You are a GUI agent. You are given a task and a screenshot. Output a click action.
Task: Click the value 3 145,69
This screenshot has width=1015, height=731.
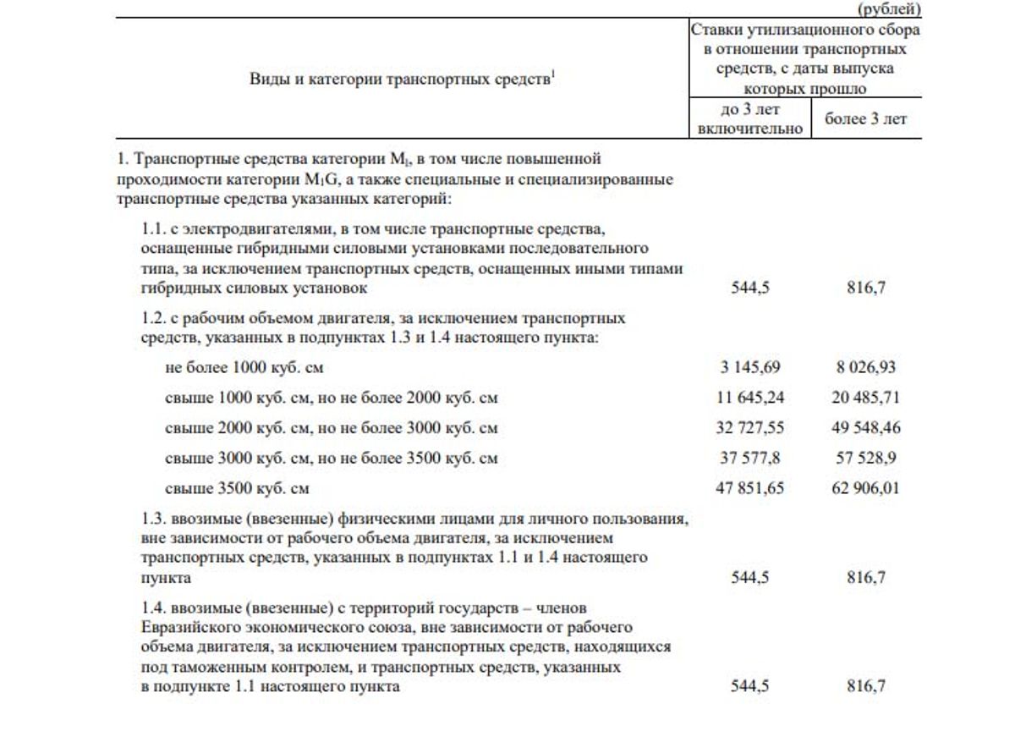(749, 367)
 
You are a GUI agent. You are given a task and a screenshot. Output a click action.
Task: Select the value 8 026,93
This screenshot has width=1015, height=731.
(866, 367)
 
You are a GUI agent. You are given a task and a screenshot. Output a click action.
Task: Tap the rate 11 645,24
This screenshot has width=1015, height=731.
(749, 398)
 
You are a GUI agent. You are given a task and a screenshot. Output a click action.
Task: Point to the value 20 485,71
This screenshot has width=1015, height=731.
(866, 398)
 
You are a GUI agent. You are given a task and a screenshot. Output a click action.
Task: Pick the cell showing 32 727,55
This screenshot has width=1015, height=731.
(749, 428)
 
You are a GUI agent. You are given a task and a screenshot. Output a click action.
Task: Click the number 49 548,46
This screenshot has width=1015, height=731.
(866, 428)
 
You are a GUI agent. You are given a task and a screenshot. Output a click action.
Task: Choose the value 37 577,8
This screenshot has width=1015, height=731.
(749, 459)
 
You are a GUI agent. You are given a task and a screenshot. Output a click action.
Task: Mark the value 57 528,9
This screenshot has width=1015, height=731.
(866, 459)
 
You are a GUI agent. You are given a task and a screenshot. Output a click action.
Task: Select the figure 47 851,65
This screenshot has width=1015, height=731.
(749, 489)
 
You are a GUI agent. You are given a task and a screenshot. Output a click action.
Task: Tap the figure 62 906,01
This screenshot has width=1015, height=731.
(866, 489)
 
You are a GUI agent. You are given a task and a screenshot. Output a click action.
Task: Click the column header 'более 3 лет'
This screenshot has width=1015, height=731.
(866, 119)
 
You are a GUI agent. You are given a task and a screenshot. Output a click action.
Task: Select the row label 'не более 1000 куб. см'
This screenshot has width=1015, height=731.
(244, 367)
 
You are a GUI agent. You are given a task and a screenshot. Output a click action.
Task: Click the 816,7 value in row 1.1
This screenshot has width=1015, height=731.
(866, 288)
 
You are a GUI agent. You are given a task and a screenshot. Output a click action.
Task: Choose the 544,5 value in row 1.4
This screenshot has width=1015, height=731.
(750, 686)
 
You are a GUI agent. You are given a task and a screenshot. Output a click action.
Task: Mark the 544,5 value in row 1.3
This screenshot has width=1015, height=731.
(750, 578)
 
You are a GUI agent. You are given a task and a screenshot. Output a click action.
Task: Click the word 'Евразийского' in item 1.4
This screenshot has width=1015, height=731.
(188, 628)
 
